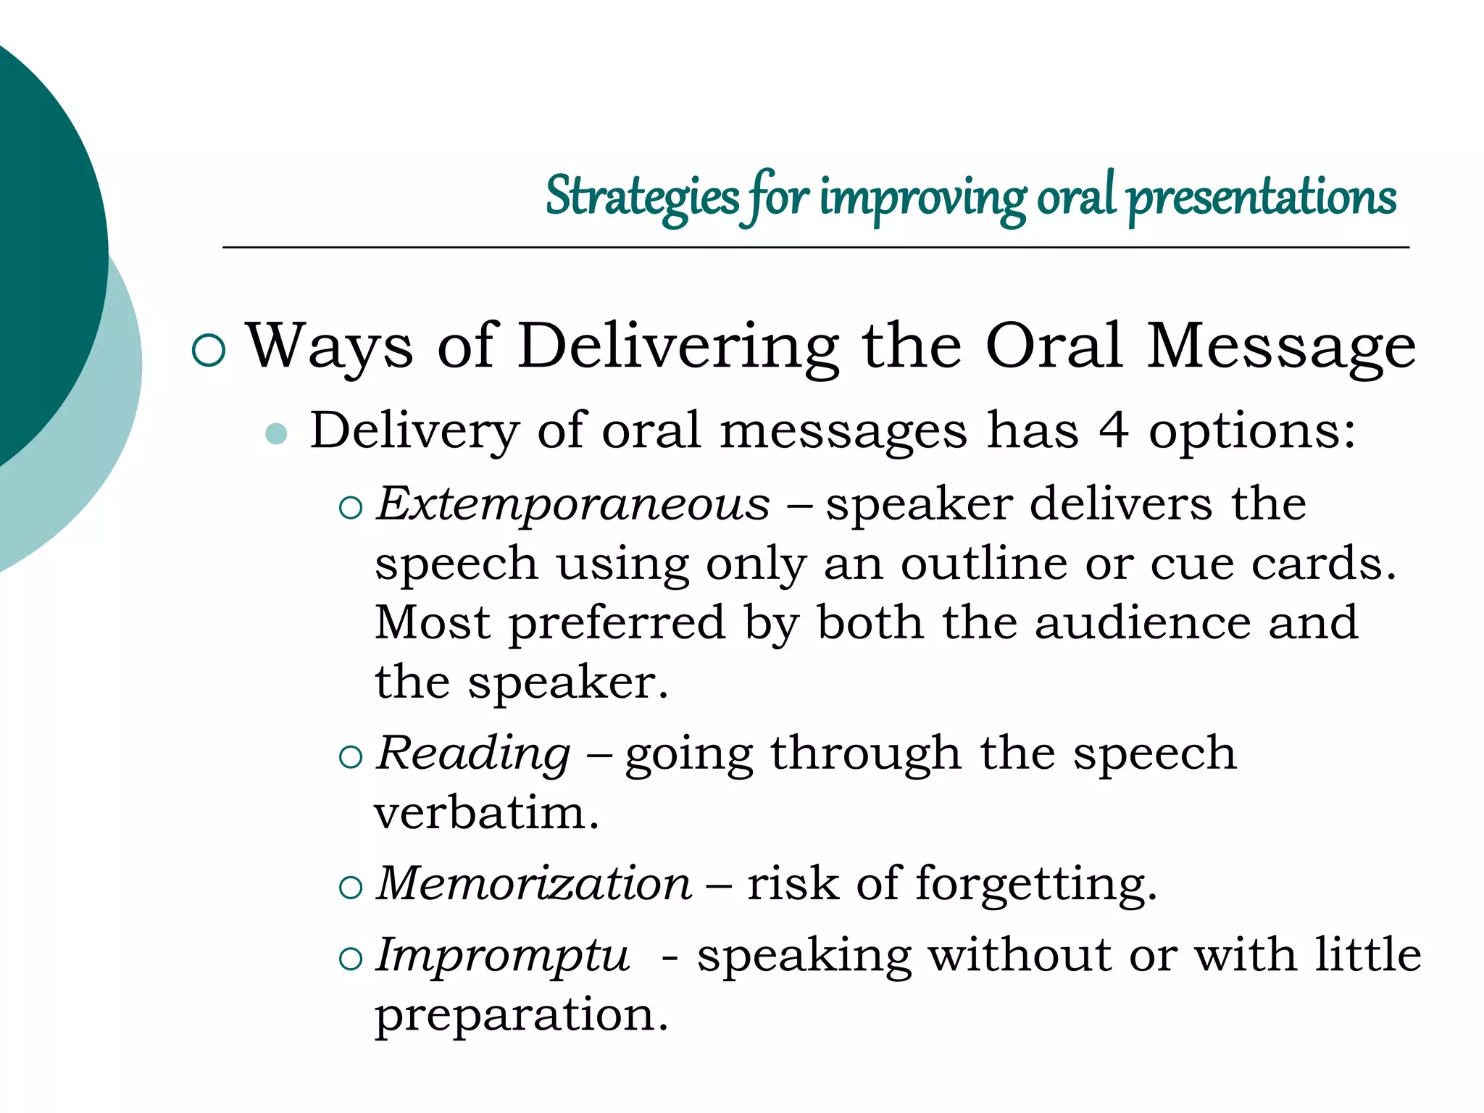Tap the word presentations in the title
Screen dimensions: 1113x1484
click(1262, 197)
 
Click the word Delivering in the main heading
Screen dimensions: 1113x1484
click(678, 346)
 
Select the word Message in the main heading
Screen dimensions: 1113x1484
click(1280, 346)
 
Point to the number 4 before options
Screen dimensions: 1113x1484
click(1113, 430)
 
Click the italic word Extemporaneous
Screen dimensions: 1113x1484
click(573, 504)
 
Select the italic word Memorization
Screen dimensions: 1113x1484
click(535, 883)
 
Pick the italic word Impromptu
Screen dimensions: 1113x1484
click(503, 955)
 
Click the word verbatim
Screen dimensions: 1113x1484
click(486, 813)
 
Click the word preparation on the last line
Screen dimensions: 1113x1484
click(520, 1014)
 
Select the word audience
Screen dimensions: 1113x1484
click(1142, 622)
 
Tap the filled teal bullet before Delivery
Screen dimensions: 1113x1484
click(276, 433)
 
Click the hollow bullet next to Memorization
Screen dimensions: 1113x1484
click(351, 888)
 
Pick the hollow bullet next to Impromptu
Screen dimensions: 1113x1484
click(351, 959)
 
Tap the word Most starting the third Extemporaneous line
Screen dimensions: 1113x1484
click(433, 622)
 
